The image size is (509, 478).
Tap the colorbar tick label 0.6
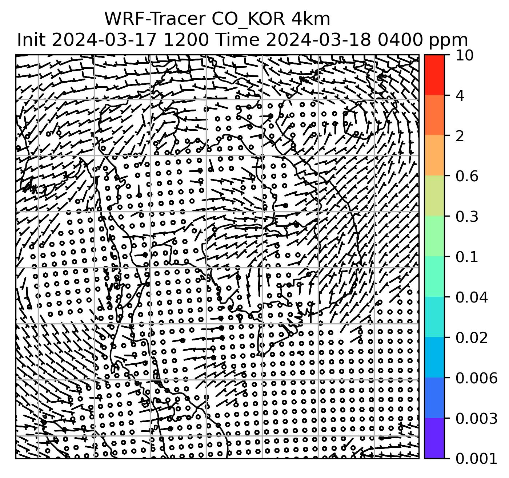pyautogui.click(x=466, y=176)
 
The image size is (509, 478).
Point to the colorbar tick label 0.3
pyautogui.click(x=466, y=217)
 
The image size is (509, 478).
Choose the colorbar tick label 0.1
pyautogui.click(x=466, y=257)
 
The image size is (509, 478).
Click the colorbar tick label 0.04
pyautogui.click(x=471, y=297)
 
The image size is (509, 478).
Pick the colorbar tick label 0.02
pyautogui.click(x=471, y=337)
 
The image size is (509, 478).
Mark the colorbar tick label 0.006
pyautogui.click(x=476, y=378)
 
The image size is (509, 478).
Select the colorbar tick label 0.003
pyautogui.click(x=476, y=418)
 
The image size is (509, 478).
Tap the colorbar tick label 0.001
pyautogui.click(x=476, y=458)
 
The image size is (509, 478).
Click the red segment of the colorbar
pyautogui.click(x=434, y=75)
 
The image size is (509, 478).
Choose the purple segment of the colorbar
pyautogui.click(x=434, y=438)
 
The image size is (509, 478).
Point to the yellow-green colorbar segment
pyautogui.click(x=434, y=196)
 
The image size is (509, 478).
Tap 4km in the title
pyautogui.click(x=310, y=19)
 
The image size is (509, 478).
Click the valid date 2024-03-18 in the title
pyautogui.click(x=319, y=40)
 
